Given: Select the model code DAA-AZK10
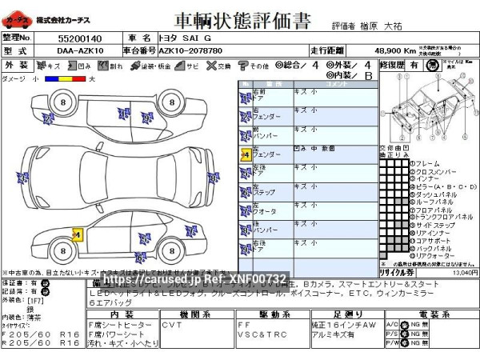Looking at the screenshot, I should coord(79,50).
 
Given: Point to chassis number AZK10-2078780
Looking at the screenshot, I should coord(190,50).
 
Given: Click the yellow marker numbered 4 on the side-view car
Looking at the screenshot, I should coord(78,234).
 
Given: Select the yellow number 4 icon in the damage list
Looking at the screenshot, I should coord(245,154).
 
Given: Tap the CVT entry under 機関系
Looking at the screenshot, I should coord(172,325).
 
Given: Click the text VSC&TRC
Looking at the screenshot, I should coord(255,334).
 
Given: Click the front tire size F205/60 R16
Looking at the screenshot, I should coord(40,334).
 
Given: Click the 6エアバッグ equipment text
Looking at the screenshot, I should coord(111,303).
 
